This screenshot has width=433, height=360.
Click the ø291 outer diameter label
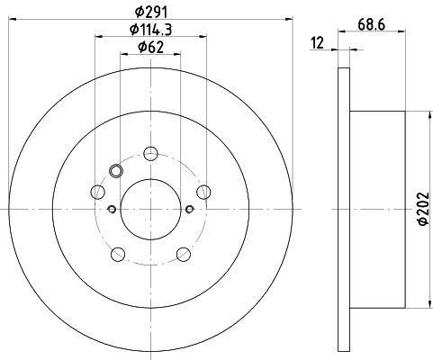coord(149,12)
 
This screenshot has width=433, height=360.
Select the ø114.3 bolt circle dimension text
coord(149,32)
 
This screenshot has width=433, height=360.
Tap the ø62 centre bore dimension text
coord(149,49)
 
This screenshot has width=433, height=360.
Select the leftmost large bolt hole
coord(97,190)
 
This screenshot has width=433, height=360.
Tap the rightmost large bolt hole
coord(203,190)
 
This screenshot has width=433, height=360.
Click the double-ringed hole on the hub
coord(114,171)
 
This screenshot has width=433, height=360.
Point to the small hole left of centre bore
coord(112,209)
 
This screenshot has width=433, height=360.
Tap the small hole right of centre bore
coord(189,209)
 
